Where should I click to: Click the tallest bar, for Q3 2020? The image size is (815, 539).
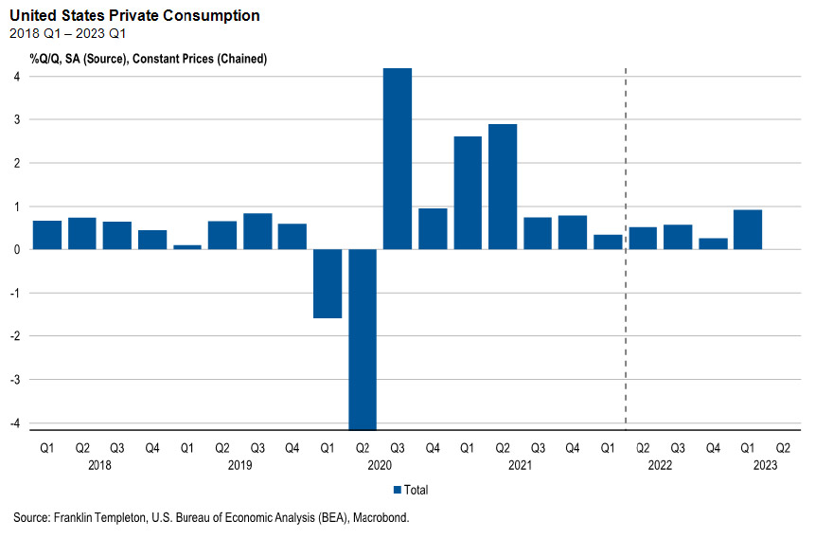[398, 158]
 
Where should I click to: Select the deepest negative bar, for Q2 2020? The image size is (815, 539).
[363, 339]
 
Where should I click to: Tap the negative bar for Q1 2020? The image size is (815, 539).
[328, 283]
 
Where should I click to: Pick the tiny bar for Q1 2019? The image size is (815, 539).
[187, 246]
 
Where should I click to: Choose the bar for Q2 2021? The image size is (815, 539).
[503, 187]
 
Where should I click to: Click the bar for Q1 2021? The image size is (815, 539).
[468, 192]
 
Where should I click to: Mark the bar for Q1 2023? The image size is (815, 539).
[748, 229]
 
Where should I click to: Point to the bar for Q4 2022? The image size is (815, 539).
[713, 243]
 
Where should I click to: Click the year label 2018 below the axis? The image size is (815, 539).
[99, 465]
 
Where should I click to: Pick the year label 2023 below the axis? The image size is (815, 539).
[765, 465]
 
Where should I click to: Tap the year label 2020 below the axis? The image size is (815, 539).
[380, 465]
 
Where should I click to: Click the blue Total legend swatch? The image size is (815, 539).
[397, 490]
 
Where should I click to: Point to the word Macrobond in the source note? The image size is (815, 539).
[382, 517]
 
